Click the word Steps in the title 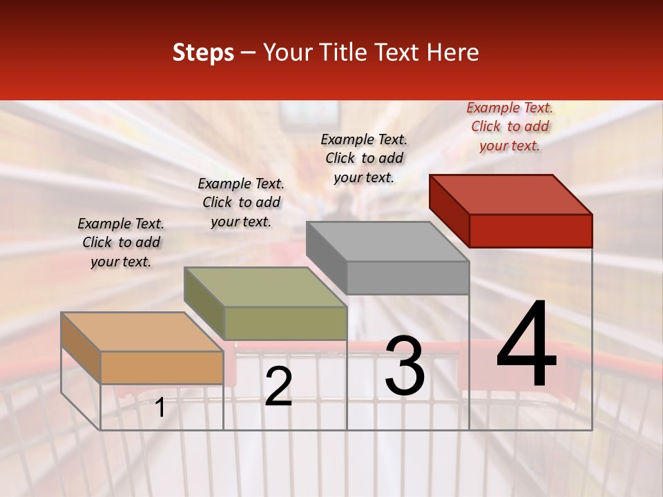tap(203, 52)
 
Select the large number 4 tap(526, 345)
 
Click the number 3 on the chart tap(405, 365)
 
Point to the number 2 tap(278, 387)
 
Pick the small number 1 tap(160, 408)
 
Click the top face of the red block tap(511, 194)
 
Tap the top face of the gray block tap(387, 242)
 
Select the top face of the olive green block tap(265, 287)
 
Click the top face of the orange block tap(142, 332)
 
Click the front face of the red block tap(530, 231)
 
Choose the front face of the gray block tap(407, 278)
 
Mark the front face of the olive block tap(285, 323)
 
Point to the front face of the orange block tap(162, 367)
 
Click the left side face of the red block tap(449, 211)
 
